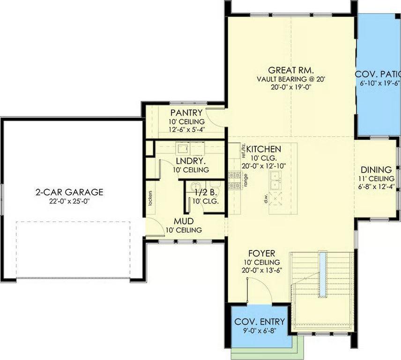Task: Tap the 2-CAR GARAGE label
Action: tap(69, 192)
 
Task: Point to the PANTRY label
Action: tap(186, 113)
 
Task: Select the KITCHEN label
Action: tap(264, 149)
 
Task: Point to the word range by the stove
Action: tap(245, 181)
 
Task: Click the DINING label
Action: tap(376, 169)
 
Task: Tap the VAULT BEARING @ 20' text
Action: tap(290, 79)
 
